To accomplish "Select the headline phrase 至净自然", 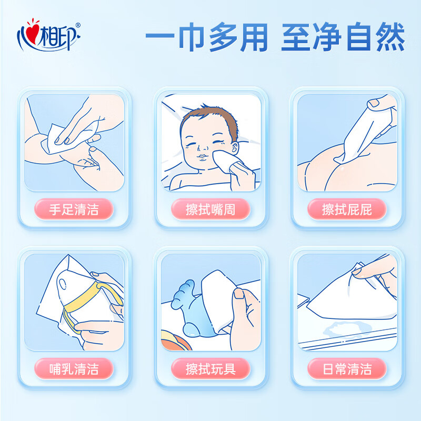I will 343,38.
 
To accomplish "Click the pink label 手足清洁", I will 74,209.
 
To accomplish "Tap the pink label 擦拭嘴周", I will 210,209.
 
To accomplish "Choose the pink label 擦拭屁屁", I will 347,209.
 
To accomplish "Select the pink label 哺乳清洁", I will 74,368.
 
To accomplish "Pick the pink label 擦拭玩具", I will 210,368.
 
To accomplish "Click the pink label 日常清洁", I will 347,368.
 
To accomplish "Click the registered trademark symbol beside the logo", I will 78,25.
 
